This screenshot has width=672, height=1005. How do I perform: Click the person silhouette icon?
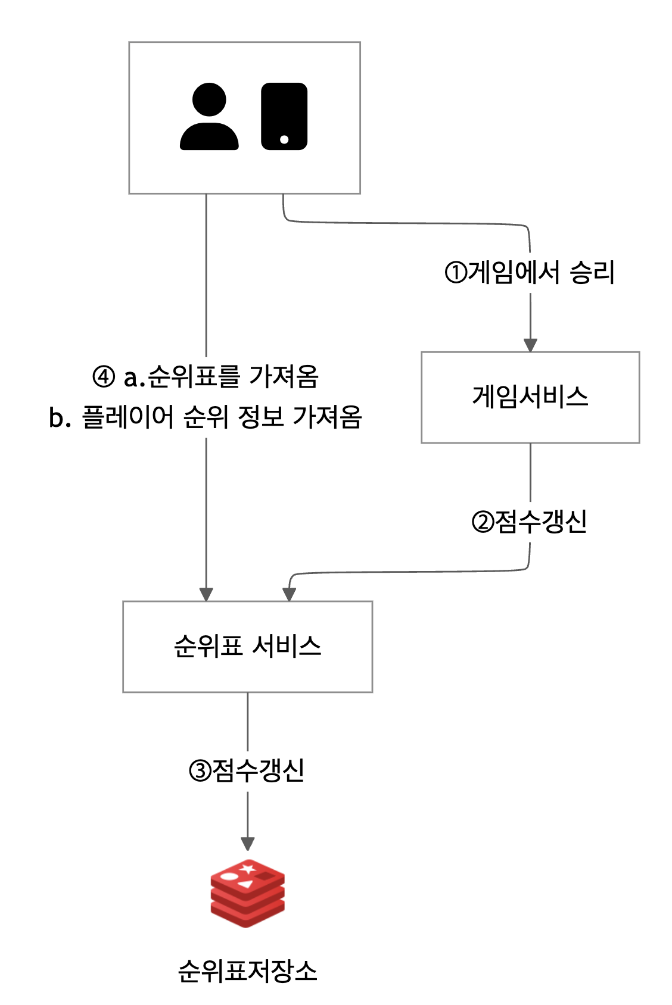[209, 117]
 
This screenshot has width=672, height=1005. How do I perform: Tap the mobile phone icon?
[284, 116]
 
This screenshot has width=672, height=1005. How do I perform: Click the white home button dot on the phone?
[284, 139]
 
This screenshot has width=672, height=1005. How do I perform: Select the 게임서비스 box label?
[530, 397]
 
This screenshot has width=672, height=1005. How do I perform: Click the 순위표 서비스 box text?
[247, 646]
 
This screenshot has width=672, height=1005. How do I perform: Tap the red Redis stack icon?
[247, 893]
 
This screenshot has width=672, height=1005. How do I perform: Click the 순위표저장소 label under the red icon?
[247, 971]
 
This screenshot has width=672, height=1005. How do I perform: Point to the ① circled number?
[456, 273]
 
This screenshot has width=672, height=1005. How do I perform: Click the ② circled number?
[482, 522]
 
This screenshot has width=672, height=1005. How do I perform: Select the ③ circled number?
[200, 771]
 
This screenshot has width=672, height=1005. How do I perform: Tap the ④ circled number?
[104, 376]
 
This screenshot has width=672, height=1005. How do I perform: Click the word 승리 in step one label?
[592, 273]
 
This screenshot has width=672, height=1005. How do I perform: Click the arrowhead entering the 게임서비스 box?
[530, 345]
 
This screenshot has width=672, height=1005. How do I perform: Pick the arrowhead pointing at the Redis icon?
[248, 844]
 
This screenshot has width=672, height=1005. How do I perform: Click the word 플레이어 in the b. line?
[127, 417]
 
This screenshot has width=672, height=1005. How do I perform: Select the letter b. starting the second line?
[60, 418]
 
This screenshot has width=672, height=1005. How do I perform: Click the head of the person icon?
[209, 99]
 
